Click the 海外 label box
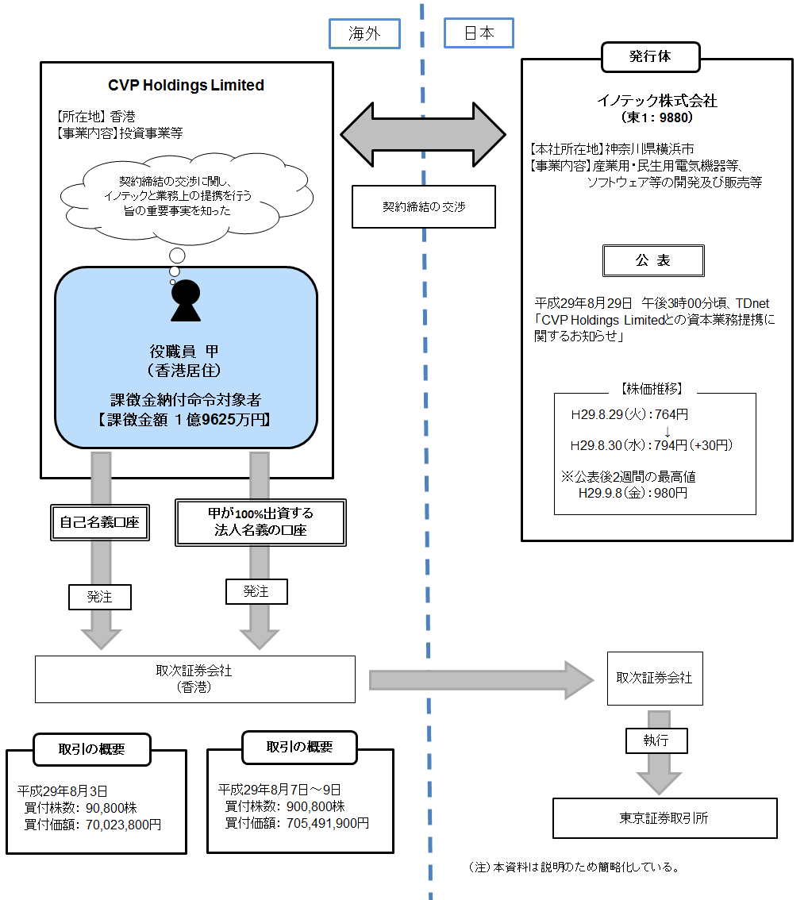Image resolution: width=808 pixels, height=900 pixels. tap(364, 33)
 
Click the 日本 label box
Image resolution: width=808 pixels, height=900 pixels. tap(479, 33)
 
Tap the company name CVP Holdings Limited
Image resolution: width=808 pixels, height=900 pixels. tap(186, 85)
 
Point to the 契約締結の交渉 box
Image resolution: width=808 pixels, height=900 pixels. tap(423, 206)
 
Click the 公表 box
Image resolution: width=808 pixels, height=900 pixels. tap(652, 260)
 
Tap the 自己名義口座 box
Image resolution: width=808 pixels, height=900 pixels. tap(100, 522)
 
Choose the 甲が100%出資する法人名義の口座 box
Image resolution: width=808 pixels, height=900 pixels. tap(260, 523)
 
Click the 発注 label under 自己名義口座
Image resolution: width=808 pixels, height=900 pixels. tap(100, 597)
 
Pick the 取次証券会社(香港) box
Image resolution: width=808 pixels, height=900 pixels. tap(194, 679)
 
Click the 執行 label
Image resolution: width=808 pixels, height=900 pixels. tap(656, 740)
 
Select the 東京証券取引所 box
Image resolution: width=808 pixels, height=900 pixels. tap(664, 817)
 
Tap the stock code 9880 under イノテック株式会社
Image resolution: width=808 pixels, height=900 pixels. tap(675, 117)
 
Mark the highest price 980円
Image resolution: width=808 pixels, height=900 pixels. tap(671, 493)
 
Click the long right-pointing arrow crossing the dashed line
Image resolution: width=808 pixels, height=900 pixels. tap(481, 679)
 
